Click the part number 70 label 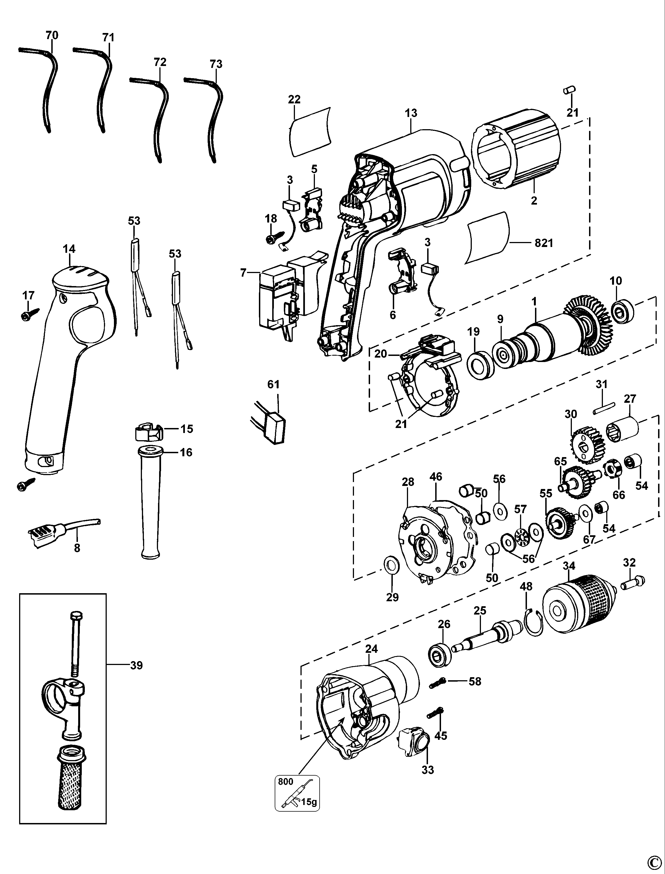pyautogui.click(x=52, y=35)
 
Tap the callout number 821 pyautogui.click(x=544, y=243)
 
